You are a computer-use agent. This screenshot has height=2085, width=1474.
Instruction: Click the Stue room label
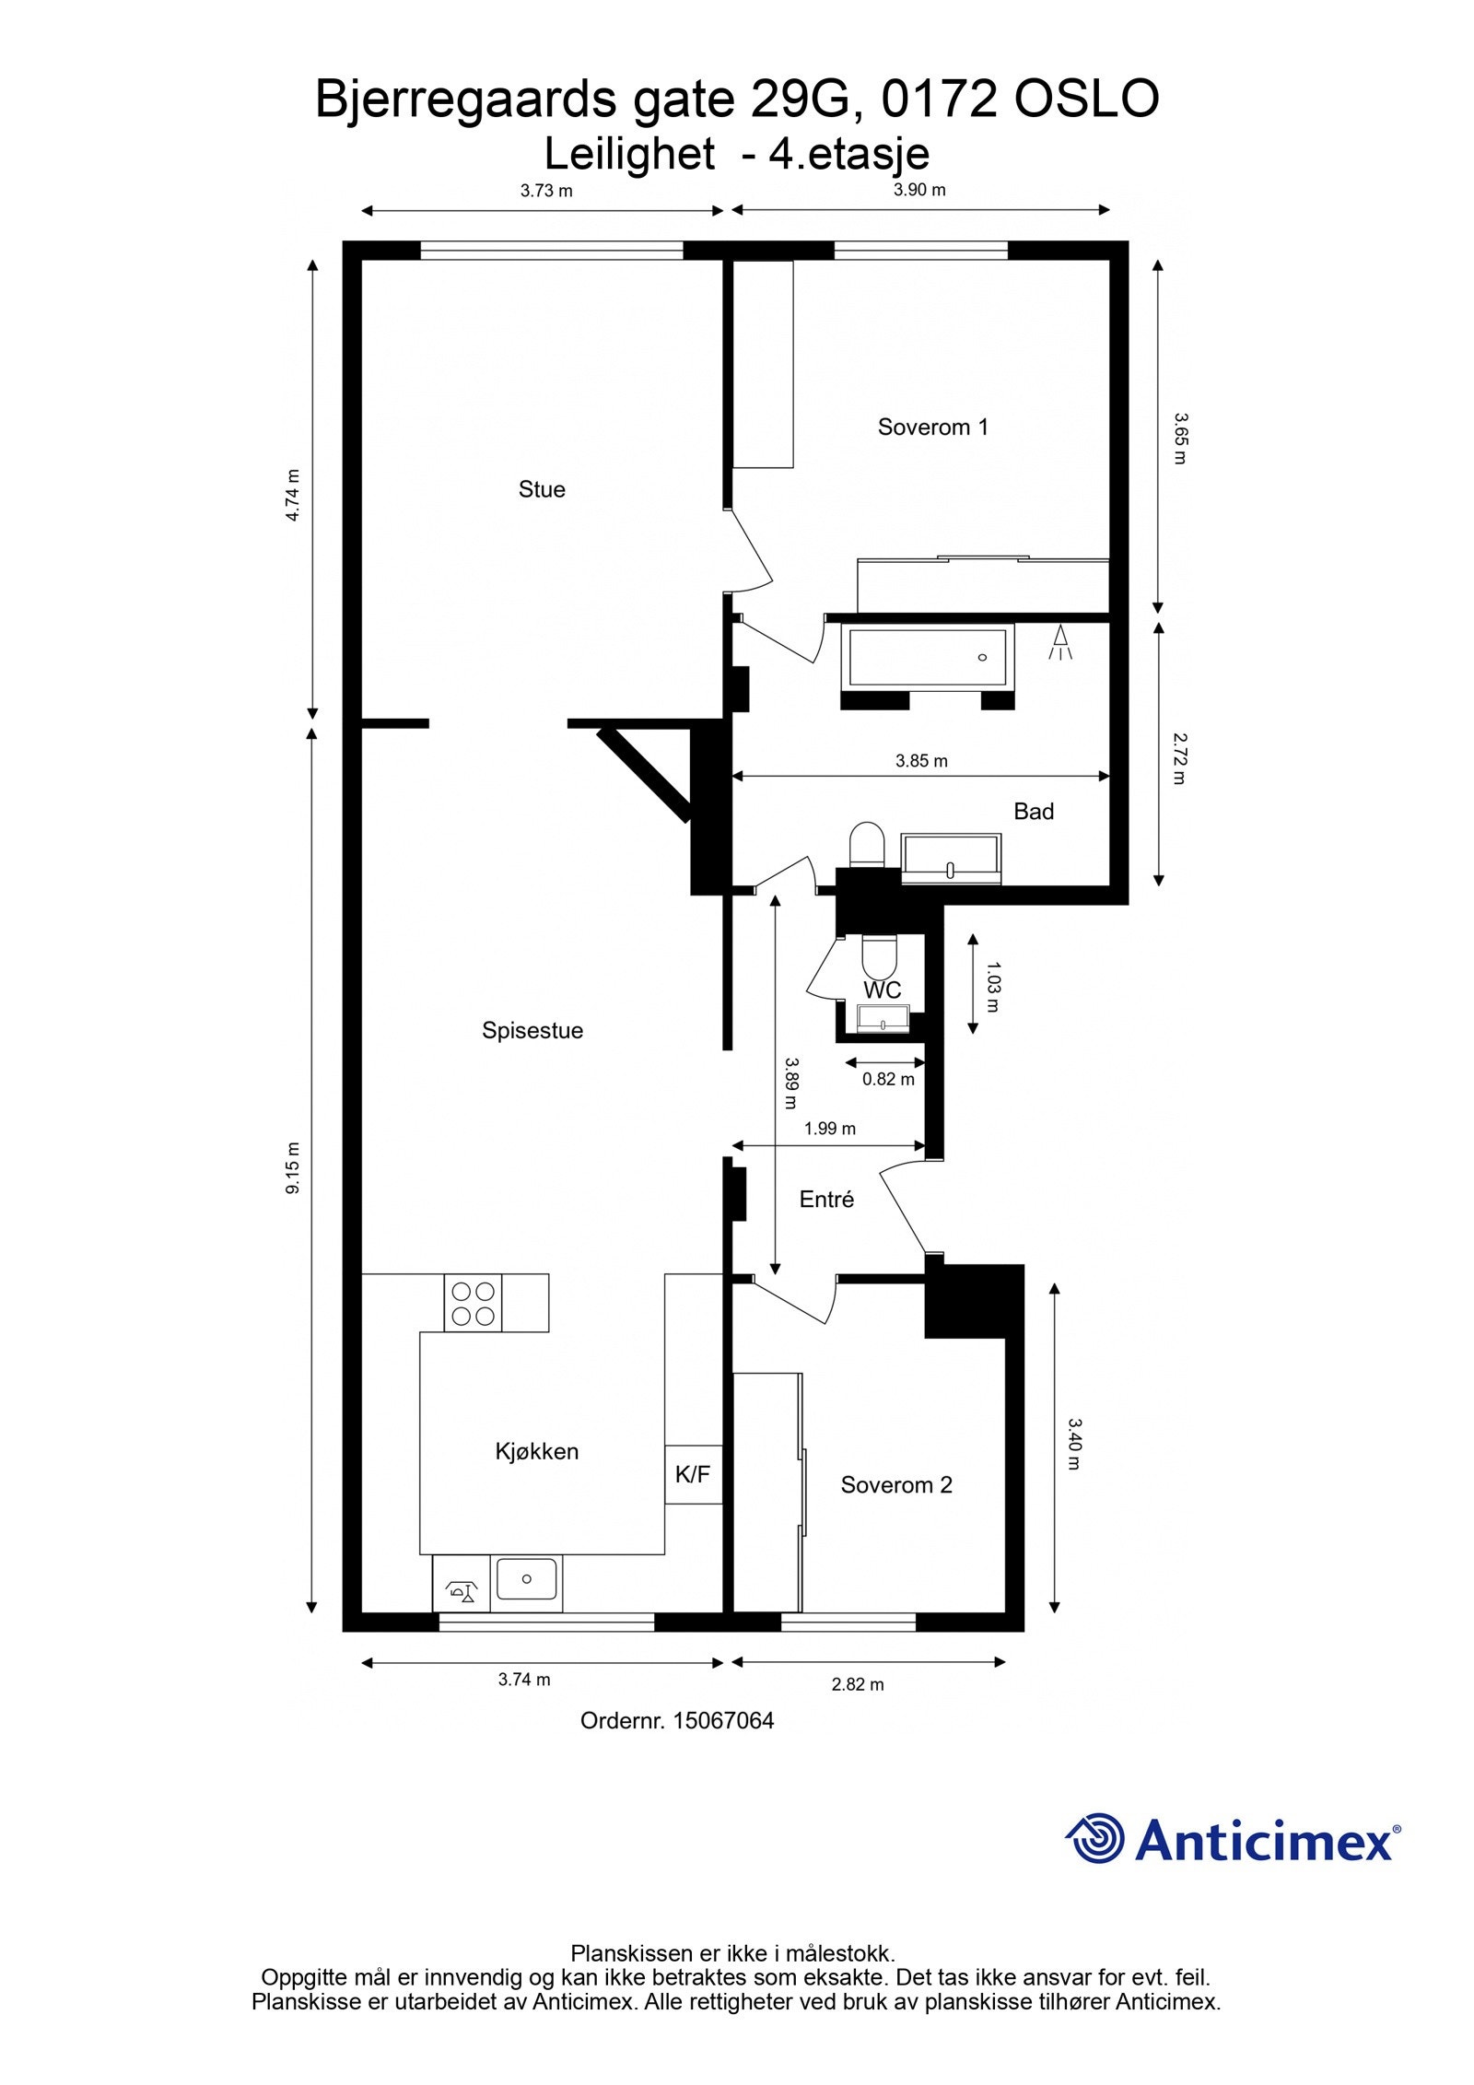[x=541, y=489]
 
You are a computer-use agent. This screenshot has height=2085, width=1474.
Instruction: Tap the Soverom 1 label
[x=932, y=427]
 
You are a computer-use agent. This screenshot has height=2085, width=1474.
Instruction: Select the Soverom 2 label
[x=895, y=1484]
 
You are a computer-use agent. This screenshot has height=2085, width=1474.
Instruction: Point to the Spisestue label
[x=532, y=1030]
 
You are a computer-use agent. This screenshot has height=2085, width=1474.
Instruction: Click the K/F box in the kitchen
[x=693, y=1474]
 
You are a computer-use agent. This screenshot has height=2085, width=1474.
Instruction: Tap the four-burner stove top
[x=473, y=1303]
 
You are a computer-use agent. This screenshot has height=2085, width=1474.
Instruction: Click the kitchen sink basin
[x=526, y=1578]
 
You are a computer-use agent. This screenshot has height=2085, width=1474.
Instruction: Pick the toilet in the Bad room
[x=866, y=844]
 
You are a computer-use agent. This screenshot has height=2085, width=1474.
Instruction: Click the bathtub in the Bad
[x=927, y=655]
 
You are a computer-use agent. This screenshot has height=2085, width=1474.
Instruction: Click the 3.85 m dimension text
[x=921, y=761]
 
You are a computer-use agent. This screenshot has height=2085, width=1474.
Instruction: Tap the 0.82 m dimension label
[x=888, y=1079]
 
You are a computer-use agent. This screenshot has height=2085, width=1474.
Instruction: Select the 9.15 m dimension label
[x=293, y=1168]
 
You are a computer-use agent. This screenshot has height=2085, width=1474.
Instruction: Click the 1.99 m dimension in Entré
[x=829, y=1129]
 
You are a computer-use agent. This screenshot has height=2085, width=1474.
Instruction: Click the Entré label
[x=826, y=1200]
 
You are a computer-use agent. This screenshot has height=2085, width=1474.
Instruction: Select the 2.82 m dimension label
[x=857, y=1684]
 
